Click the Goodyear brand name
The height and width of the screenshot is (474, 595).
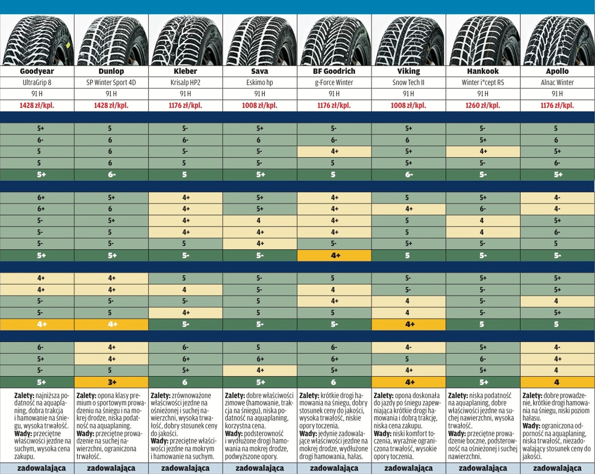pyautogui.click(x=37, y=71)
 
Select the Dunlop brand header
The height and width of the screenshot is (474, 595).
pyautogui.click(x=111, y=71)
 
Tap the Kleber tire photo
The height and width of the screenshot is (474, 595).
pyautogui.click(x=185, y=40)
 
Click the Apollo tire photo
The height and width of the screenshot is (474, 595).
pyautogui.click(x=557, y=40)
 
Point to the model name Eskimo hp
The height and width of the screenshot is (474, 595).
pyautogui.click(x=260, y=83)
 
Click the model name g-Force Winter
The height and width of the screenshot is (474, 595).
pyautogui.click(x=334, y=83)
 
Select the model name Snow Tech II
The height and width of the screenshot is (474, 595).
pyautogui.click(x=408, y=83)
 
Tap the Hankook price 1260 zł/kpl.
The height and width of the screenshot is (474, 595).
pyautogui.click(x=483, y=105)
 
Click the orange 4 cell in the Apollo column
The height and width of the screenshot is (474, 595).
pyautogui.click(x=557, y=382)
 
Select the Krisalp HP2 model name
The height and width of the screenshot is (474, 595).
pyautogui.click(x=185, y=83)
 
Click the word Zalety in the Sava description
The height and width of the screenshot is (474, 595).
pyautogui.click(x=235, y=396)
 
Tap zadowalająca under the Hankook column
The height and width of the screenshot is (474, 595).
pyautogui.click(x=483, y=468)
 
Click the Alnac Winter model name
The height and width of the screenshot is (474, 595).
pyautogui.click(x=557, y=83)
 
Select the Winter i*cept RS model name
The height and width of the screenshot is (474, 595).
pyautogui.click(x=483, y=83)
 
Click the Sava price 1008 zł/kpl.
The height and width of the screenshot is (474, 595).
pyautogui.click(x=260, y=105)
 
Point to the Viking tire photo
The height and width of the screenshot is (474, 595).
pyautogui.click(x=408, y=40)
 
